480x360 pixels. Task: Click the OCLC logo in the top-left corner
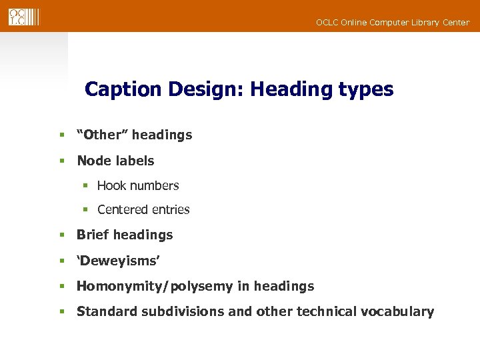point(24,16)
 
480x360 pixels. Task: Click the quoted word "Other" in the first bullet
point(102,135)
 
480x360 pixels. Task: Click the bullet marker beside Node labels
point(62,161)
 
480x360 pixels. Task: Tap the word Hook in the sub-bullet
point(111,185)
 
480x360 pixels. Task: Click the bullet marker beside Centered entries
point(85,209)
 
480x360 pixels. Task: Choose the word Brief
point(93,235)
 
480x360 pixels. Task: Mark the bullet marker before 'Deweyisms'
point(62,260)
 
